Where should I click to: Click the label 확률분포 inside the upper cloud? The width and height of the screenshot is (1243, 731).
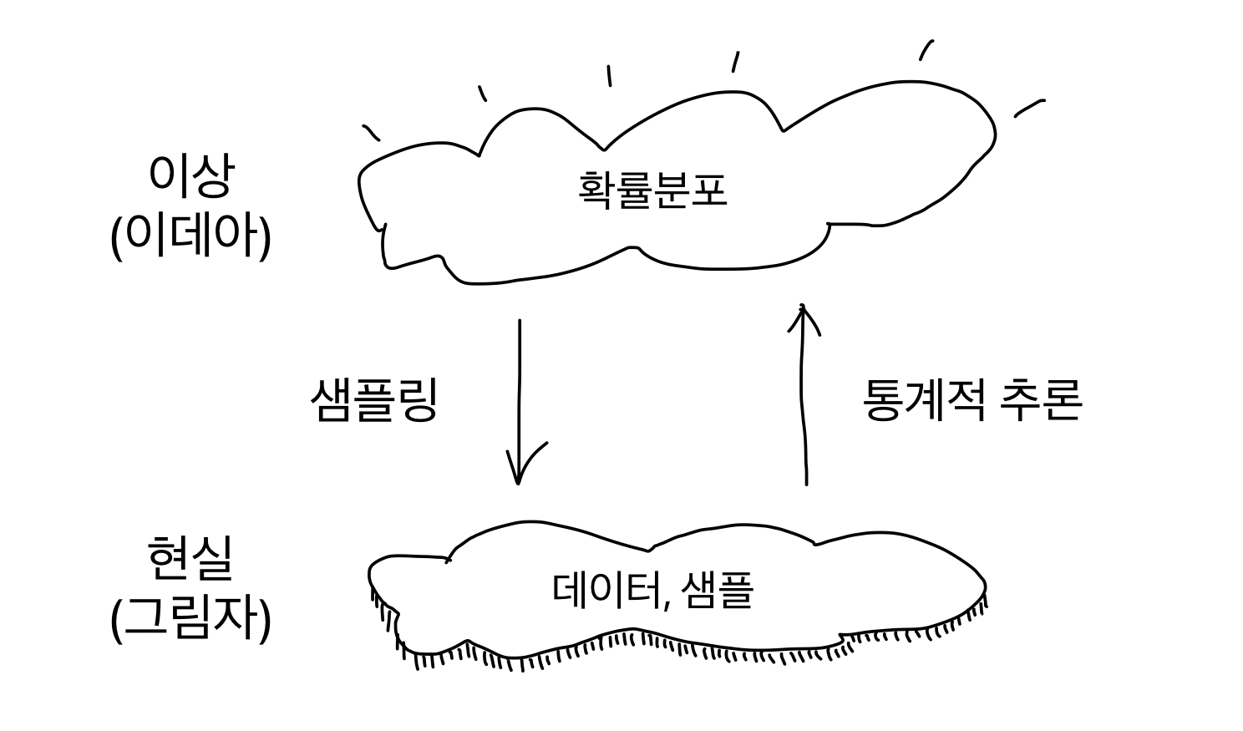(x=652, y=190)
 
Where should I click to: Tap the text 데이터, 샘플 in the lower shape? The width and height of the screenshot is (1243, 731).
(x=653, y=590)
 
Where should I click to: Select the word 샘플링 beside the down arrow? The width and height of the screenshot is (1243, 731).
(x=374, y=399)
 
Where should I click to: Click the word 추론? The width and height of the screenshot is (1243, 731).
(x=1041, y=399)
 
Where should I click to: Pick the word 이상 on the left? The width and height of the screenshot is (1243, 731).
(x=190, y=176)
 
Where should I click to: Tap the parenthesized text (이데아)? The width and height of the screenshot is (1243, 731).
(x=191, y=236)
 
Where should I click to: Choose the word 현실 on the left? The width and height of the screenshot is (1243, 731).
(x=190, y=558)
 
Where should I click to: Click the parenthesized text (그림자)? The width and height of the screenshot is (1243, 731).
(x=191, y=619)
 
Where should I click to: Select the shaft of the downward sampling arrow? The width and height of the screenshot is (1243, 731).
(x=520, y=402)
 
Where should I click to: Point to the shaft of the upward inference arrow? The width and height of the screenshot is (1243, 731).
(x=803, y=394)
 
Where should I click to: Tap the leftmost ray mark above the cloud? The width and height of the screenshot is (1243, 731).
(x=371, y=133)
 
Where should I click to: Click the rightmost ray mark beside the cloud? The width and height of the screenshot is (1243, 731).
(x=1030, y=109)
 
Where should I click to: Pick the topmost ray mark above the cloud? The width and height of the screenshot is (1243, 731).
(x=926, y=50)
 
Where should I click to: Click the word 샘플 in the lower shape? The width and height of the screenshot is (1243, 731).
(x=718, y=590)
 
